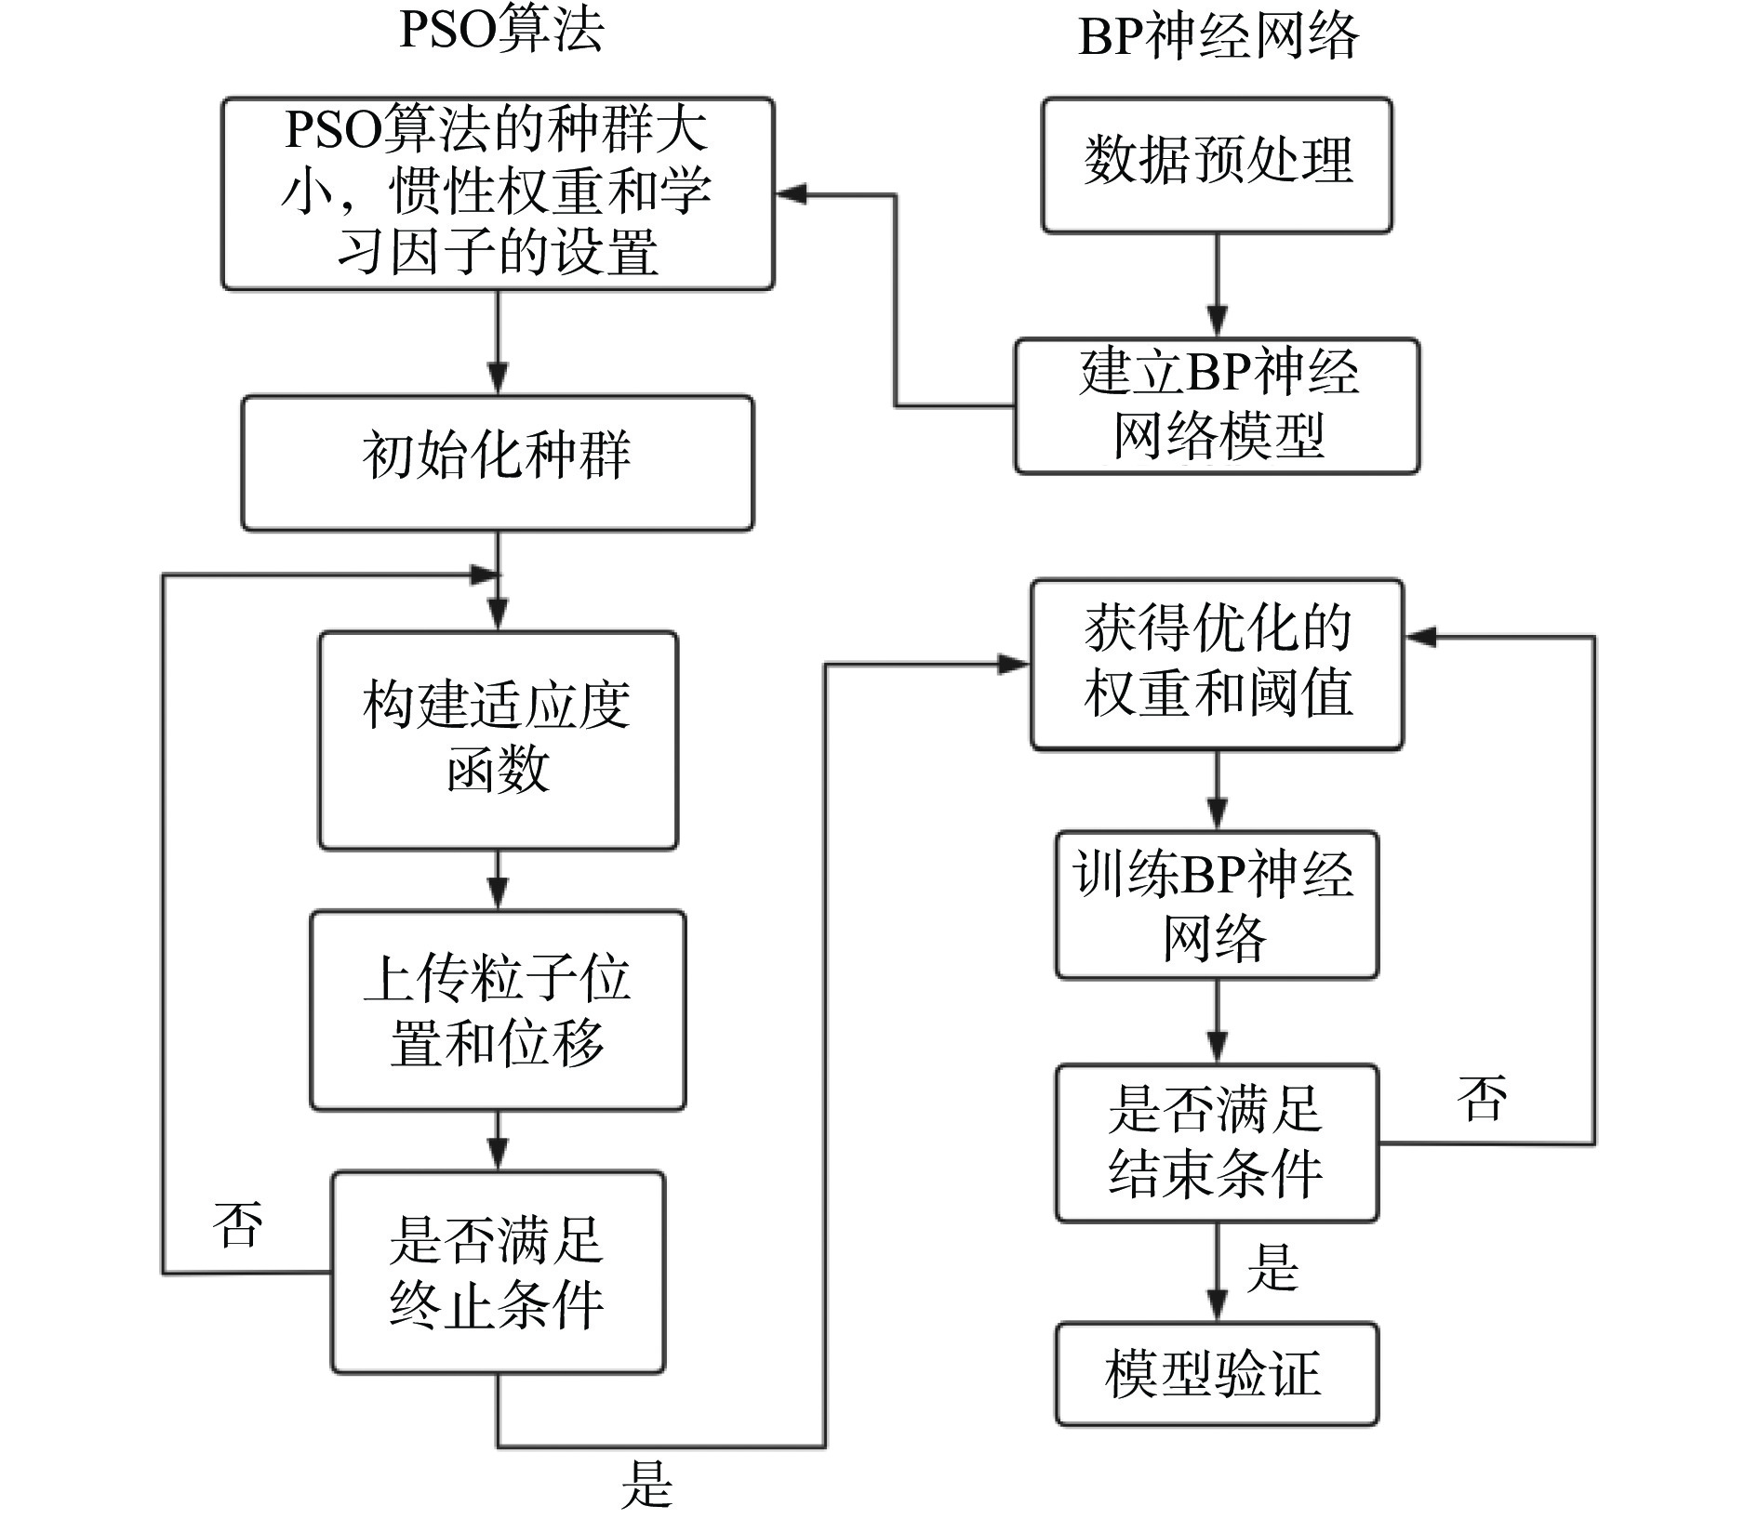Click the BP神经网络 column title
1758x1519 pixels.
click(x=1218, y=37)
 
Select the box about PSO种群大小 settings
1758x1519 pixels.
click(x=498, y=193)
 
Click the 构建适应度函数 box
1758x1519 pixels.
click(x=499, y=740)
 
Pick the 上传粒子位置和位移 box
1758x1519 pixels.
click(x=498, y=1010)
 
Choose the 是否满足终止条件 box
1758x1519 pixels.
click(x=498, y=1272)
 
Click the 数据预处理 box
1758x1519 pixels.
click(x=1217, y=165)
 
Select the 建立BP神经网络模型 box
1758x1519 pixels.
click(x=1217, y=406)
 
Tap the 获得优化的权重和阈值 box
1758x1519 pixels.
click(x=1217, y=664)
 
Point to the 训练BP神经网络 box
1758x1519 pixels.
click(x=1217, y=905)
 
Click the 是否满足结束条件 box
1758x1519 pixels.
click(x=1217, y=1143)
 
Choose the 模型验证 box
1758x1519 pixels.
click(x=1217, y=1374)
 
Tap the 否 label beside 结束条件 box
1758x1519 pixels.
click(x=1482, y=1098)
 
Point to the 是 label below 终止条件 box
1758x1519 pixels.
click(x=646, y=1484)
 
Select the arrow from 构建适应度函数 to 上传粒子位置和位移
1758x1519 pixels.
click(x=499, y=879)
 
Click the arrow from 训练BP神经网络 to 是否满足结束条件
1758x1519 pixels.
click(x=1217, y=1022)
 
